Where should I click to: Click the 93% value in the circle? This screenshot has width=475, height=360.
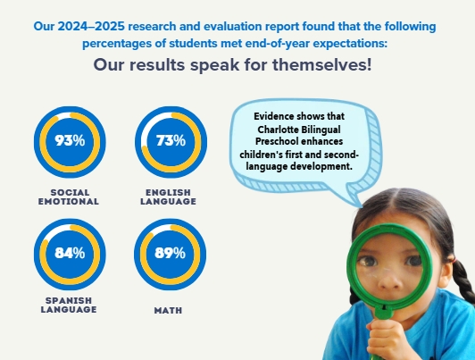[x=70, y=140]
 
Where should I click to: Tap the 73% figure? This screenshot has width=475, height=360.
[x=171, y=140]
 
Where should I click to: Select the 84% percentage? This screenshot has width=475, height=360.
[x=70, y=253]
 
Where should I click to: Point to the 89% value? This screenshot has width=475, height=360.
[x=170, y=253]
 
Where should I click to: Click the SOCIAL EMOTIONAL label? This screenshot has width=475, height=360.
[x=69, y=197]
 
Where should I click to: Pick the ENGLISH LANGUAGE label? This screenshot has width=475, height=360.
[x=168, y=197]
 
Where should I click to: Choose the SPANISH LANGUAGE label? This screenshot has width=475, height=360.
[x=69, y=305]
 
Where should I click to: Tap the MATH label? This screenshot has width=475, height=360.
[x=168, y=310]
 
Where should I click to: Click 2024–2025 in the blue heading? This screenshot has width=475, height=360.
[x=91, y=27]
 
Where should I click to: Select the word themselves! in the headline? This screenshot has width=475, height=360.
[x=321, y=65]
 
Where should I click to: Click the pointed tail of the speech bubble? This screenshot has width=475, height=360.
[x=361, y=205]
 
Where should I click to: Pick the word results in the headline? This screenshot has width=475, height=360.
[x=157, y=65]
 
